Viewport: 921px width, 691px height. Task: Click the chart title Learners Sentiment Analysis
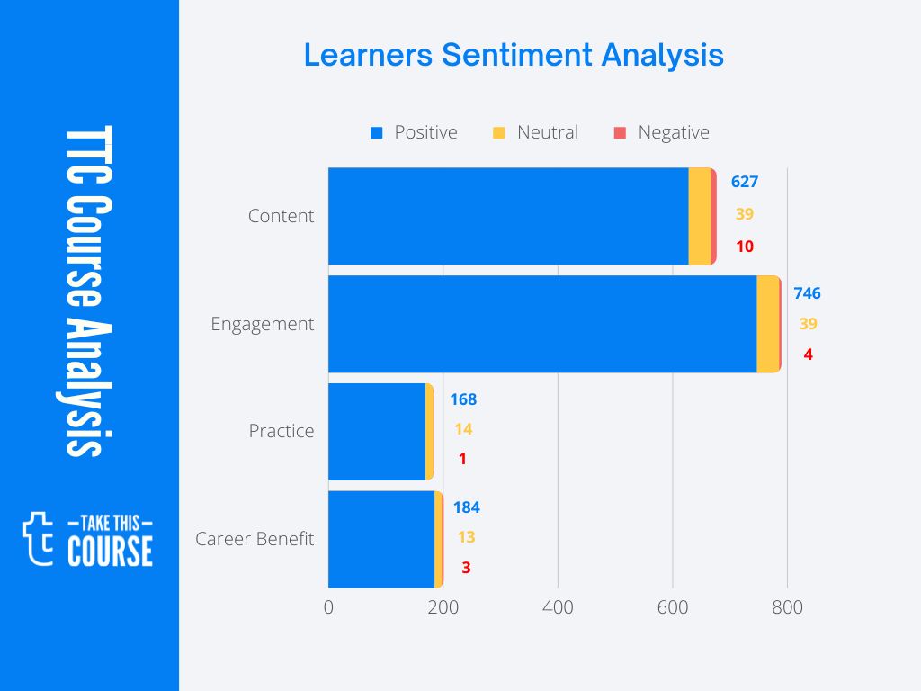click(514, 55)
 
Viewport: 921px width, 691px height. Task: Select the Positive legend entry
click(414, 132)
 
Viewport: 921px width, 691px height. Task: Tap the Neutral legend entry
click(536, 132)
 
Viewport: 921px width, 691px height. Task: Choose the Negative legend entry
click(661, 132)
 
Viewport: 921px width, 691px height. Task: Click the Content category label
click(281, 216)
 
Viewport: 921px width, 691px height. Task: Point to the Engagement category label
click(262, 324)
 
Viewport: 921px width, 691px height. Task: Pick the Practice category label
click(282, 431)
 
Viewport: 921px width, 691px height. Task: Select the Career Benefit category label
click(255, 539)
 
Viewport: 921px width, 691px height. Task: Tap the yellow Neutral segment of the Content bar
click(699, 216)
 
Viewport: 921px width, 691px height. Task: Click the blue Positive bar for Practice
click(376, 431)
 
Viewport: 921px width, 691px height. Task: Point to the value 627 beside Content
click(745, 182)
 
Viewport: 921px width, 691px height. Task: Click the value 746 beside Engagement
click(807, 293)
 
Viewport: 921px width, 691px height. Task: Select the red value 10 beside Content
click(745, 247)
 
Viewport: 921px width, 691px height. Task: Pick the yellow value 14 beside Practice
click(463, 429)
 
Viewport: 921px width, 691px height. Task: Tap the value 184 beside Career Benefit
click(466, 507)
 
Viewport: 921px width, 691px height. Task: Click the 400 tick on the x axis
click(558, 607)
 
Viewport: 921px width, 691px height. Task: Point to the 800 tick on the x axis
click(788, 607)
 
